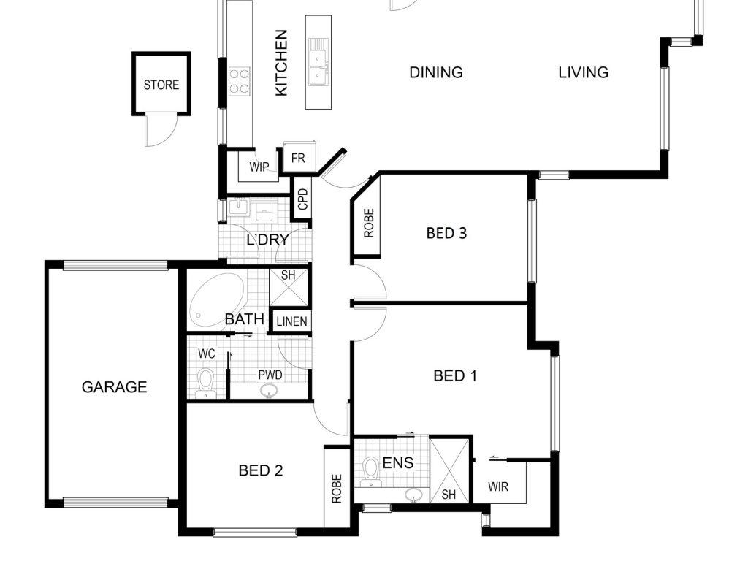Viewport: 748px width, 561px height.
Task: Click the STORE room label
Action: tap(161, 85)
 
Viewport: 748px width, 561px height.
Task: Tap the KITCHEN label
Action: tap(281, 63)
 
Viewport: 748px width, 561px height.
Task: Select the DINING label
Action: tap(436, 72)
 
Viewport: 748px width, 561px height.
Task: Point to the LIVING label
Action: tap(584, 72)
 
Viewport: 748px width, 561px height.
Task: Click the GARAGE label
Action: tap(114, 387)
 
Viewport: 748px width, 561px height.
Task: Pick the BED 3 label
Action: tap(446, 233)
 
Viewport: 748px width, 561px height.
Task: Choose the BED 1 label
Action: tap(455, 376)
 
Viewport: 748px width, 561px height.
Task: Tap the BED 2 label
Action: tap(261, 471)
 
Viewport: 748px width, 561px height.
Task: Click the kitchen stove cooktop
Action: tap(239, 82)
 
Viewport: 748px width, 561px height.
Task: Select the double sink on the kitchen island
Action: tap(318, 62)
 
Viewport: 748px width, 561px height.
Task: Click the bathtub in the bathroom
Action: tap(217, 300)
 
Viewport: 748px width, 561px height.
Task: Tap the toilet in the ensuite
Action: tap(370, 472)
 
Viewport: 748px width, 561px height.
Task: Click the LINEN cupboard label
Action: tap(291, 321)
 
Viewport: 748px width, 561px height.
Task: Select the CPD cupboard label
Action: tap(303, 199)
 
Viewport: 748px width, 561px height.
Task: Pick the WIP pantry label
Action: tap(259, 167)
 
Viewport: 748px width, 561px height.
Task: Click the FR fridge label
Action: tap(298, 158)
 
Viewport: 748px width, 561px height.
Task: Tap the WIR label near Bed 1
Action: tap(498, 487)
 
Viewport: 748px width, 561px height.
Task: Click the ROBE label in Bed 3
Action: tap(369, 224)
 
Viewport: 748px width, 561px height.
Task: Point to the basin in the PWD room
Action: tap(270, 392)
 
